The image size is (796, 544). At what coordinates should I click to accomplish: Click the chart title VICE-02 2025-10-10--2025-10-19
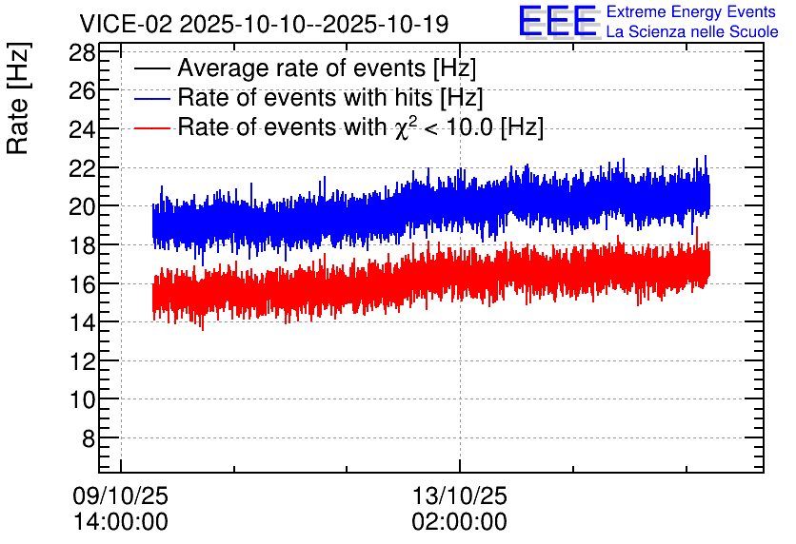(264, 24)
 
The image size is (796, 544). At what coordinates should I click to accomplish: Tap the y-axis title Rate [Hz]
(18, 98)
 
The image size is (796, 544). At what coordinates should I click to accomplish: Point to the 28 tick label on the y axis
(82, 52)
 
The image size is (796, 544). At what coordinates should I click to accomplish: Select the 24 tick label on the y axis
(82, 129)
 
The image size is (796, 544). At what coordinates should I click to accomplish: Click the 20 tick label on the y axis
(82, 206)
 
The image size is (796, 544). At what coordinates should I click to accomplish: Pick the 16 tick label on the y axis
(82, 284)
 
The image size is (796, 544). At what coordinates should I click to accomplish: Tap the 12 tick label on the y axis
(82, 361)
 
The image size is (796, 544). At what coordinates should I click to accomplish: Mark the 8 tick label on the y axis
(89, 438)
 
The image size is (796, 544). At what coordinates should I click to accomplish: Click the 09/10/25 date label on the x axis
(120, 495)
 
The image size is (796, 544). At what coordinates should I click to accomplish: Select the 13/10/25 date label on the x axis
(460, 495)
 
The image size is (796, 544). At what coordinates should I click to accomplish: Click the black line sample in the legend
(151, 68)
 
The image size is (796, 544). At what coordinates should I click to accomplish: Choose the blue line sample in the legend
(151, 98)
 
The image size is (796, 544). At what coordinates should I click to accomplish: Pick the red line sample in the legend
(151, 127)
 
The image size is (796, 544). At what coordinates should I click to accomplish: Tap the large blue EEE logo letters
(559, 22)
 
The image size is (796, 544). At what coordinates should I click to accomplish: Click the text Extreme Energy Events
(691, 11)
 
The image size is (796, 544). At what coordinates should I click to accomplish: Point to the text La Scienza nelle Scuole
(692, 32)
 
